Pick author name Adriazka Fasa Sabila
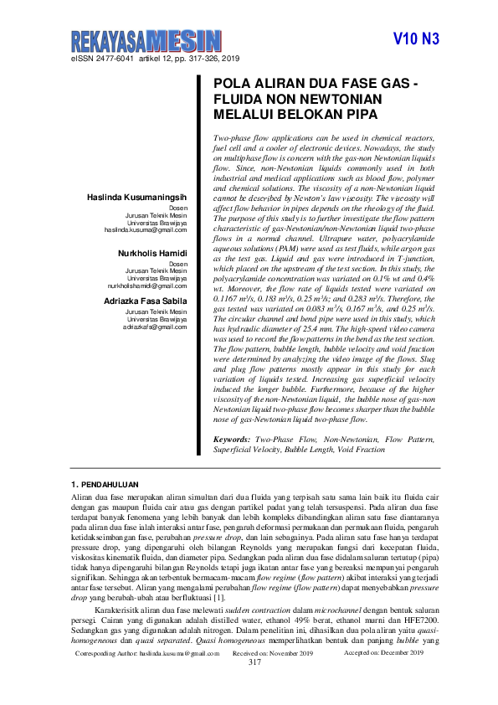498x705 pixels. point(146,300)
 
